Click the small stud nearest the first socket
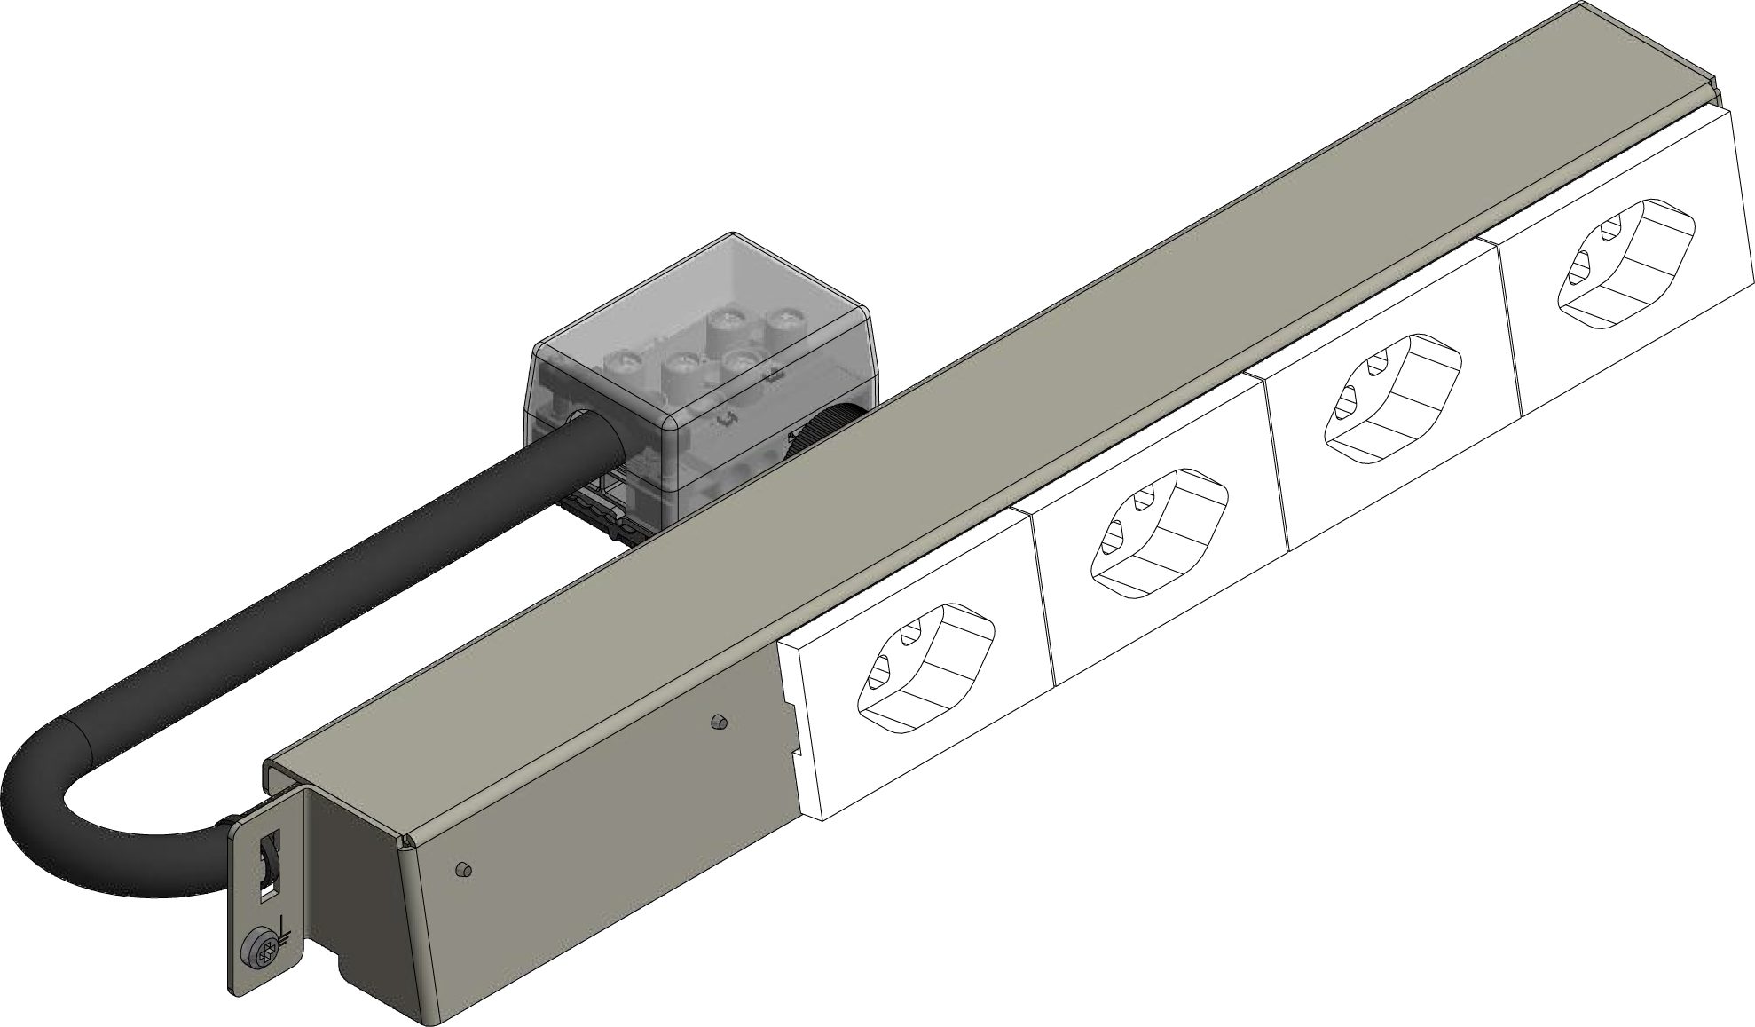[x=720, y=723]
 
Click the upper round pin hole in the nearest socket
[x=908, y=636]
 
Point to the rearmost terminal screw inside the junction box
[x=782, y=318]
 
